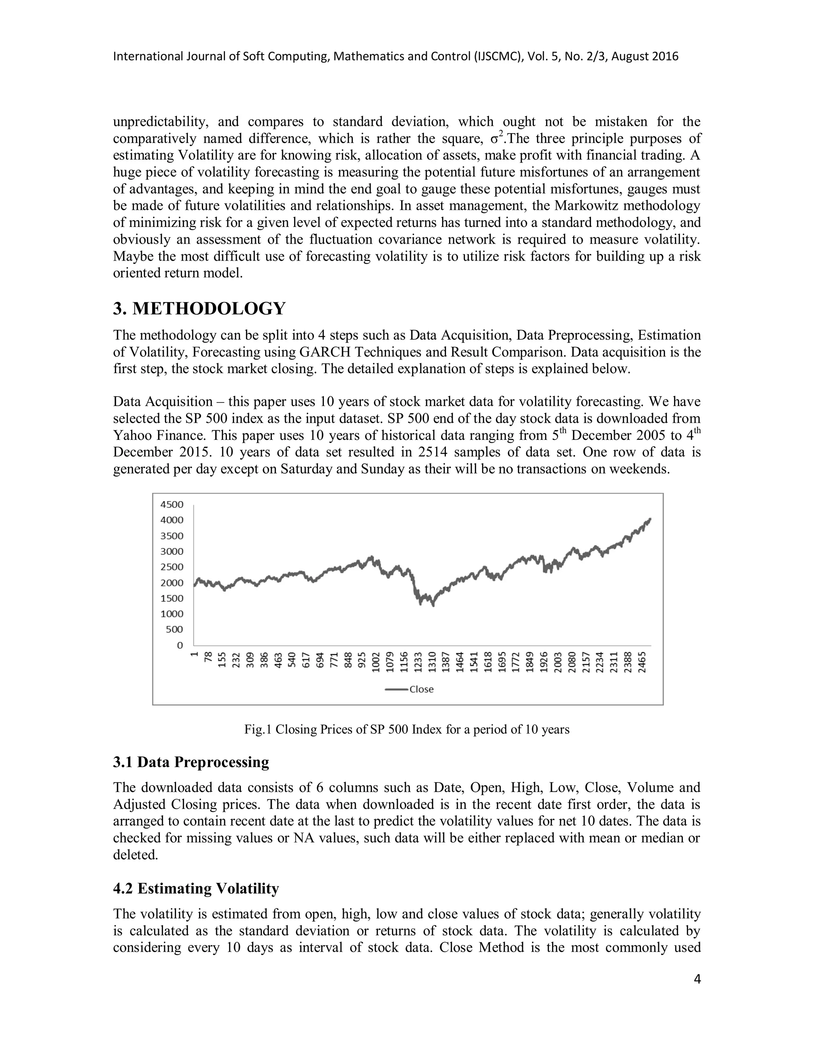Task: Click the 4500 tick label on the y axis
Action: click(x=172, y=504)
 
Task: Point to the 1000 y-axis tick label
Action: click(x=172, y=614)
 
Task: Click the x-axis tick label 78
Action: click(x=208, y=657)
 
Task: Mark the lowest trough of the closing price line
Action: click(x=433, y=605)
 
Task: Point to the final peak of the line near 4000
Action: click(x=650, y=519)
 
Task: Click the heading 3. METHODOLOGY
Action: click(x=199, y=309)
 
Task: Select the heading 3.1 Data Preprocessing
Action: click(x=191, y=762)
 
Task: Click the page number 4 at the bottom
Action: click(x=696, y=979)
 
